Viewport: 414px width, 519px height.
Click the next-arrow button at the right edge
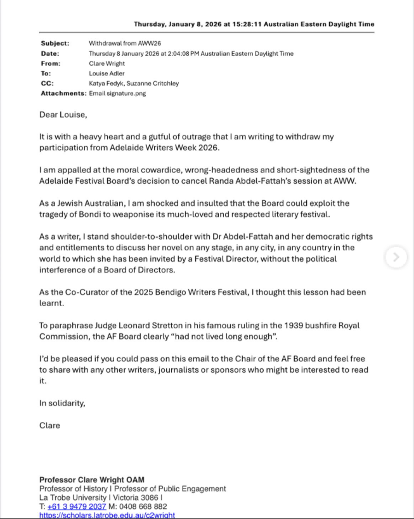pos(396,257)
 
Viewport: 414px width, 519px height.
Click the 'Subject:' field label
pos(55,44)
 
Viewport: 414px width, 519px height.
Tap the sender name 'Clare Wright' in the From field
pos(107,63)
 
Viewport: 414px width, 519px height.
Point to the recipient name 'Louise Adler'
pos(107,74)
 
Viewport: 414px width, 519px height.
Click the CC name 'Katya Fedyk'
pos(107,83)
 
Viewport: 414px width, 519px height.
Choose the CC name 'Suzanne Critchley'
pos(152,83)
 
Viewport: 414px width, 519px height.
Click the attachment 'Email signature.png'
pos(117,93)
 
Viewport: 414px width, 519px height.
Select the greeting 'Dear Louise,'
pos(63,115)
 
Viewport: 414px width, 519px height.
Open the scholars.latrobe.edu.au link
pos(107,515)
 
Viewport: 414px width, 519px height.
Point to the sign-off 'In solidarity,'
pos(62,403)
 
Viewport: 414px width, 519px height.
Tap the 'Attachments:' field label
pos(63,93)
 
